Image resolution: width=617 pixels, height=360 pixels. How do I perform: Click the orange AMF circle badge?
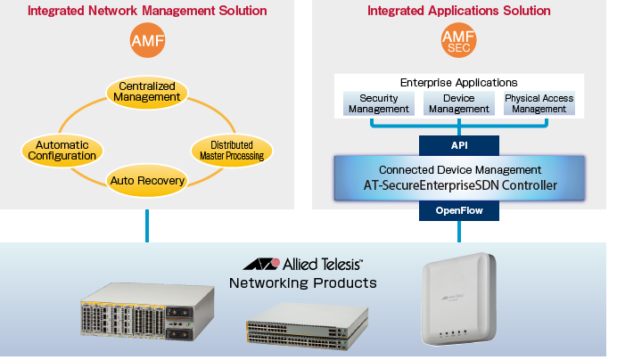point(147,41)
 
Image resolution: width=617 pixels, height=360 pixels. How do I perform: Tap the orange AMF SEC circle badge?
point(459,41)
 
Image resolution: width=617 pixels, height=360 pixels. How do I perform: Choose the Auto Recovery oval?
point(147,182)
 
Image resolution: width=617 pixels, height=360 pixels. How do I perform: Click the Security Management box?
point(378,103)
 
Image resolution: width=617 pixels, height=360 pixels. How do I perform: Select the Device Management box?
point(458,103)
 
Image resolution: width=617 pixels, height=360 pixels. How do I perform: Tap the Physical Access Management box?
point(539,103)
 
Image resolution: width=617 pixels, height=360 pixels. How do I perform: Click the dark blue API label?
point(459,145)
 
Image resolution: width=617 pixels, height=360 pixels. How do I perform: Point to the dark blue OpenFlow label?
point(459,210)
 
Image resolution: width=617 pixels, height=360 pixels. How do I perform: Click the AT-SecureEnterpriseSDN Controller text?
point(459,185)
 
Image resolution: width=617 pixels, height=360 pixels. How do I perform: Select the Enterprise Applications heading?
point(459,83)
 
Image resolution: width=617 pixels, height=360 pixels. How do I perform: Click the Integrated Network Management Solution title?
point(147,12)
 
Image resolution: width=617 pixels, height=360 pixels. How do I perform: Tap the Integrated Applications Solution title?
point(459,12)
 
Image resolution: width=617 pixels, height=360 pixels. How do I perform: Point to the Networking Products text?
point(303,284)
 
